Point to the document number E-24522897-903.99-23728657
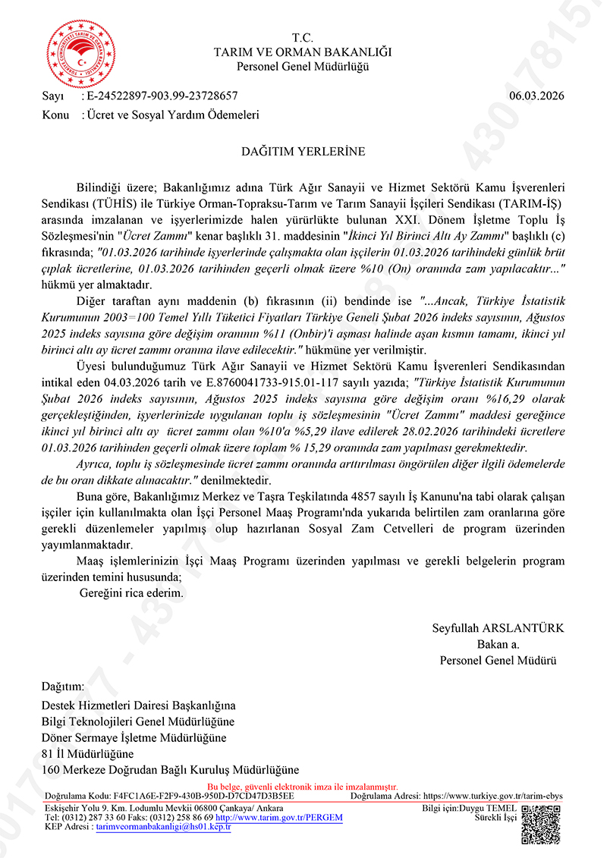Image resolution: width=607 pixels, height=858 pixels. tap(162, 96)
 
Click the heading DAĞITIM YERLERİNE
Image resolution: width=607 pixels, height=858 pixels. tap(303, 151)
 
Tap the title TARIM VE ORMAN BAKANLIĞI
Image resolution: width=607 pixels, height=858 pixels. tap(303, 52)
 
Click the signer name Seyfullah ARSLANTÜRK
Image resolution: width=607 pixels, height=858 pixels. tap(498, 629)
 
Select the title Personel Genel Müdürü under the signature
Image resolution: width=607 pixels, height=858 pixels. tap(498, 661)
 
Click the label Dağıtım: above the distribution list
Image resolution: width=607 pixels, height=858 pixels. tap(63, 687)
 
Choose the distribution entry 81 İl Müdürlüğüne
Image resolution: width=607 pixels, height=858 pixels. tap(87, 753)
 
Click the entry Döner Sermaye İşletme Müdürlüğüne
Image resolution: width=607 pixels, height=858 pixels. tap(134, 737)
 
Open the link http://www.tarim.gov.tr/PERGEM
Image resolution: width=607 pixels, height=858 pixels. tap(279, 819)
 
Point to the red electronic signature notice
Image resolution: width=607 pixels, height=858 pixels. tap(303, 787)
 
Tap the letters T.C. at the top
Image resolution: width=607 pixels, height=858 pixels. tap(303, 38)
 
